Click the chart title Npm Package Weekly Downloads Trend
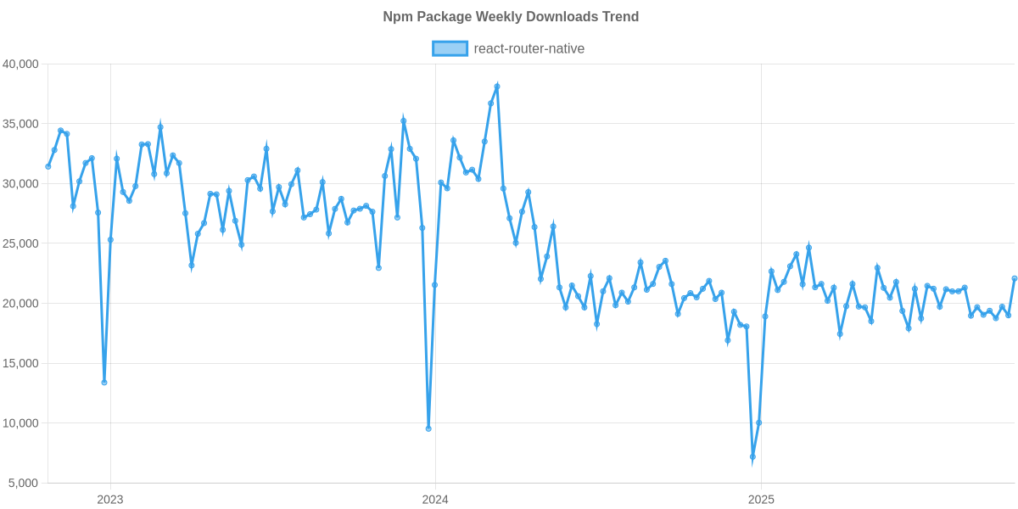tap(510, 17)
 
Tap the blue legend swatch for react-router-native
tap(450, 48)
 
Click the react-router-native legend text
tap(529, 48)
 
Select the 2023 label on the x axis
tap(110, 499)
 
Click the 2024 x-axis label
tap(435, 499)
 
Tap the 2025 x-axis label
tap(760, 499)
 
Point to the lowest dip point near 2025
tap(752, 458)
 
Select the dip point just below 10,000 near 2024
tap(428, 428)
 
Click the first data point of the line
tap(48, 166)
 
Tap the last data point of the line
tap(1015, 277)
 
